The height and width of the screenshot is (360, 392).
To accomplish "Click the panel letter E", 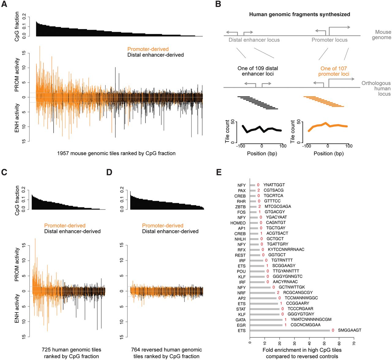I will (219, 172).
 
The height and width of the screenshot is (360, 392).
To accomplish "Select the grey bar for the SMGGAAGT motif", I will (290, 330).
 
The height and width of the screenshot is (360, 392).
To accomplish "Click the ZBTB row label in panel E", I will (240, 207).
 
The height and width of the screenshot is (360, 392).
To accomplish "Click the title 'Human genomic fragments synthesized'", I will (300, 14).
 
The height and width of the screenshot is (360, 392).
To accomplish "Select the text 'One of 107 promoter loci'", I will (334, 71).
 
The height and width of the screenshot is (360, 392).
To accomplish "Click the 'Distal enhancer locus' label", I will (254, 40).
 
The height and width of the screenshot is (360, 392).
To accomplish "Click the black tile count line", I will (262, 129).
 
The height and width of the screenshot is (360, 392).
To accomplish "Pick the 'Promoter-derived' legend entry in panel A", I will (148, 49).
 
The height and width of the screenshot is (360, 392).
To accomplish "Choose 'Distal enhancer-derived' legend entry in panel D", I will (170, 231).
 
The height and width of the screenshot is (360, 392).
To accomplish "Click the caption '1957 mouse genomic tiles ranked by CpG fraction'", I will (116, 153).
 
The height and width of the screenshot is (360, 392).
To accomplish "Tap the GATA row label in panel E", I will (241, 320).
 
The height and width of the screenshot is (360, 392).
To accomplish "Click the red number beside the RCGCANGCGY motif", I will (278, 293).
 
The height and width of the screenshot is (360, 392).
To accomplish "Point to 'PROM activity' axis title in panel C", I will (17, 264).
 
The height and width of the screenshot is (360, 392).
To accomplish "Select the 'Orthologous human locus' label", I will (376, 88).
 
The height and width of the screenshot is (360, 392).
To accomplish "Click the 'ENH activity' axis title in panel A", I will (17, 118).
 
